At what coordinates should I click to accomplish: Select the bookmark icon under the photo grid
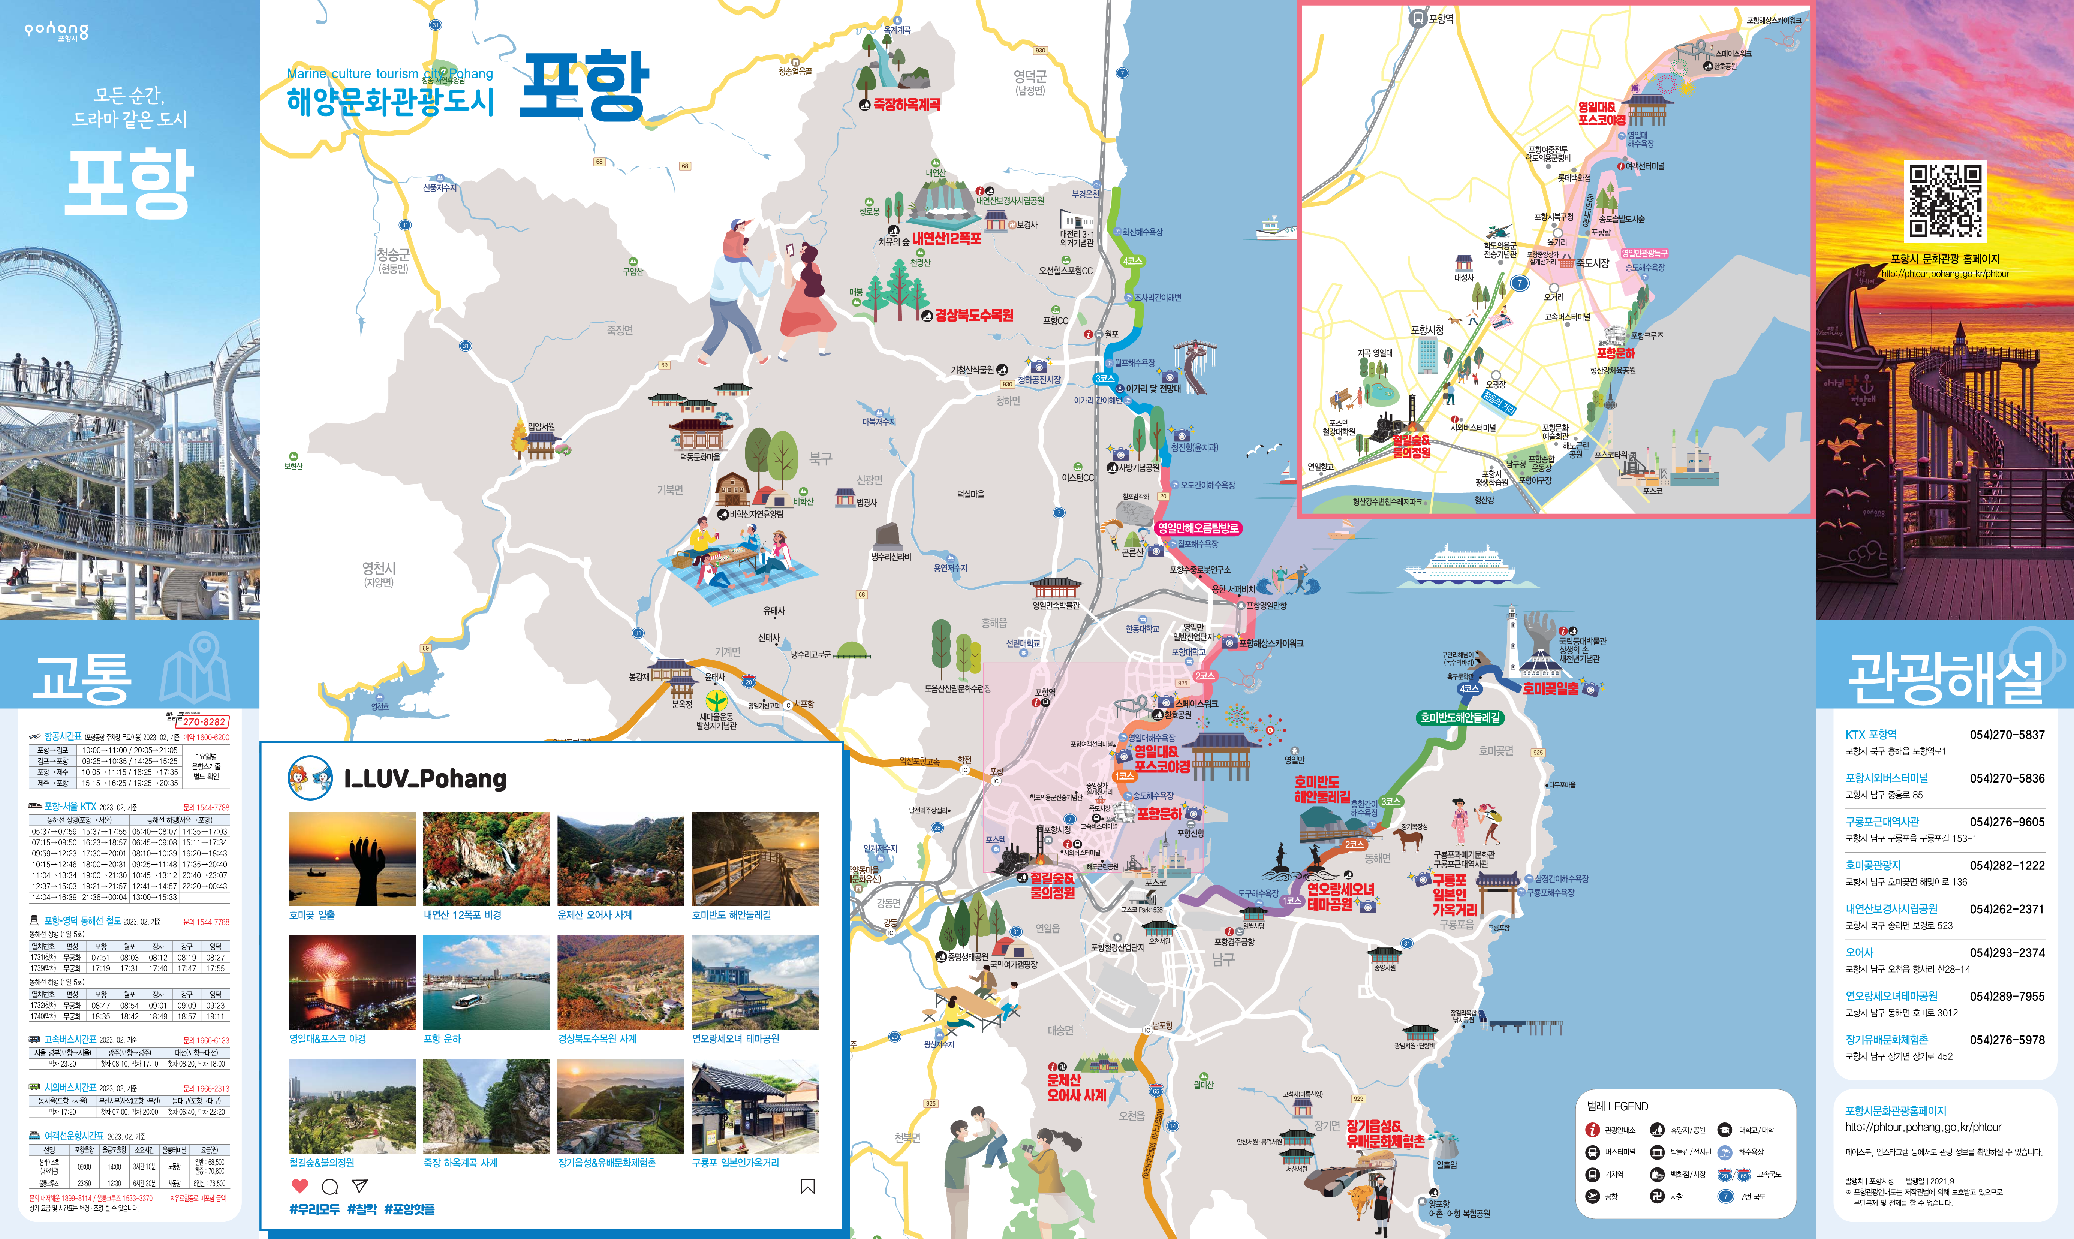tap(807, 1187)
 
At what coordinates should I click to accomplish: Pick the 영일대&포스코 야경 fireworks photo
tap(352, 983)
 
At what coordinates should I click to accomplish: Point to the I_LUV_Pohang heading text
tap(425, 779)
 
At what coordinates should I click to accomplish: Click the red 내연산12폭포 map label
tap(946, 239)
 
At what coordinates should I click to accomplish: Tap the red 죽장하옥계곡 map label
tap(907, 104)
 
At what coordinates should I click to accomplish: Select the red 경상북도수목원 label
tap(973, 315)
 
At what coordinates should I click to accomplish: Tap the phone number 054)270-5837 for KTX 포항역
tap(2007, 735)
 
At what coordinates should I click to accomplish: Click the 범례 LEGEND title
tap(1617, 1106)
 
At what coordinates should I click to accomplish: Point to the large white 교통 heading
tap(81, 676)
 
